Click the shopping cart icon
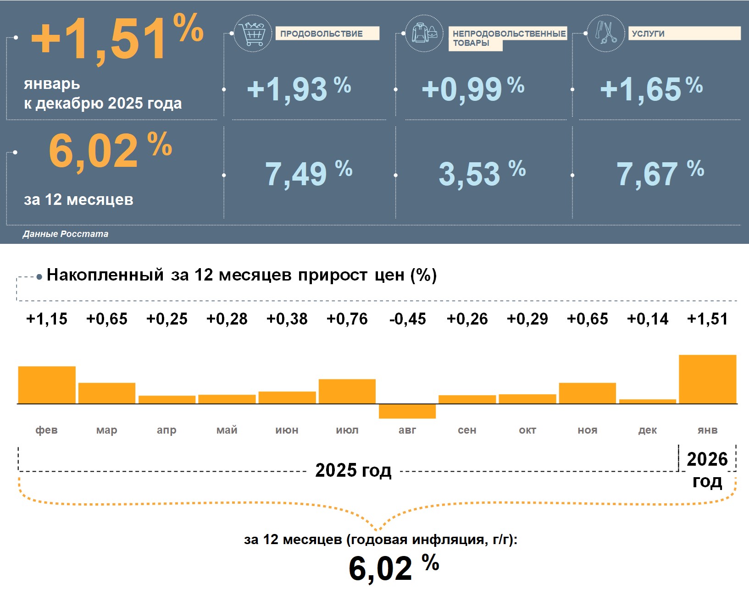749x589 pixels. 252,33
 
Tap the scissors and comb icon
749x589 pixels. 605,33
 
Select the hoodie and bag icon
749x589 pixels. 424,33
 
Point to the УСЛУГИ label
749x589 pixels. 648,33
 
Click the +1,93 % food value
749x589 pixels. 299,89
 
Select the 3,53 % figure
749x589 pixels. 482,173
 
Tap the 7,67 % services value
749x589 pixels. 660,173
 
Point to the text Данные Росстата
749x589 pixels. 66,234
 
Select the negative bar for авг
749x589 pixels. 407,411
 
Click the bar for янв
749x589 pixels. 707,379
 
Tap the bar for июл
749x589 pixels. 347,391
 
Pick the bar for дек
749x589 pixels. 648,402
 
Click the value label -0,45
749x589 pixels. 407,319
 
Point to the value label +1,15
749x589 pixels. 47,319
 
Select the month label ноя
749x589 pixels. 588,430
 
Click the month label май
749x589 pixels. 227,430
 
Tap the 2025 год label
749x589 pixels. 353,470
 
